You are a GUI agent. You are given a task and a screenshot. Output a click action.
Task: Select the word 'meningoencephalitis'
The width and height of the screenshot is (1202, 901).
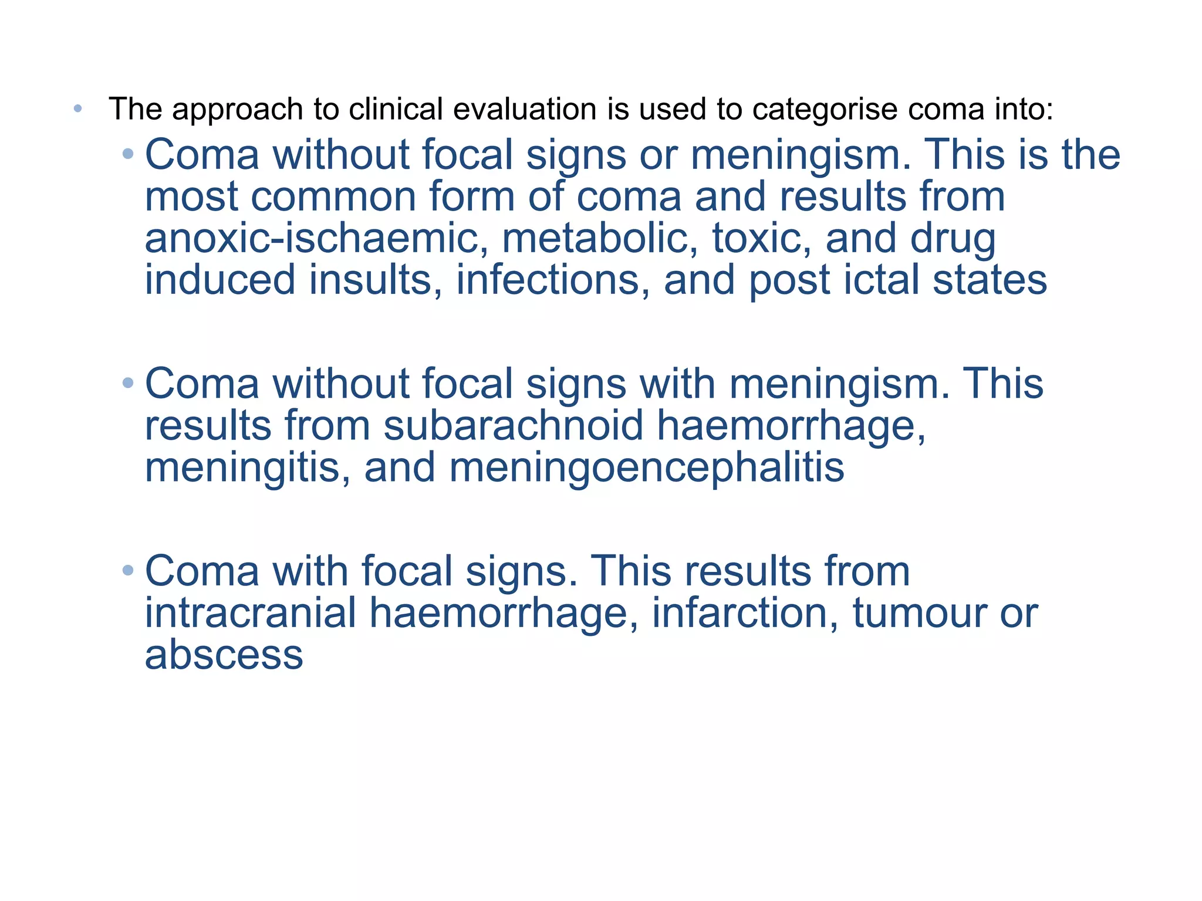(647, 468)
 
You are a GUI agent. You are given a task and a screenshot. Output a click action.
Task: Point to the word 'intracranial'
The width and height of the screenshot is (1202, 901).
(251, 613)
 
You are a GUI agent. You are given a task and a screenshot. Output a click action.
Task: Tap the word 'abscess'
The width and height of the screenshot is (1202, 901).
(224, 655)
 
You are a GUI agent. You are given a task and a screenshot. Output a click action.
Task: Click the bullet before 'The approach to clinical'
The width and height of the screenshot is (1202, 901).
(78, 109)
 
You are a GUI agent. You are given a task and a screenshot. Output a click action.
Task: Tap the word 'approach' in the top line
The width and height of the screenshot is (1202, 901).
(237, 109)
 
